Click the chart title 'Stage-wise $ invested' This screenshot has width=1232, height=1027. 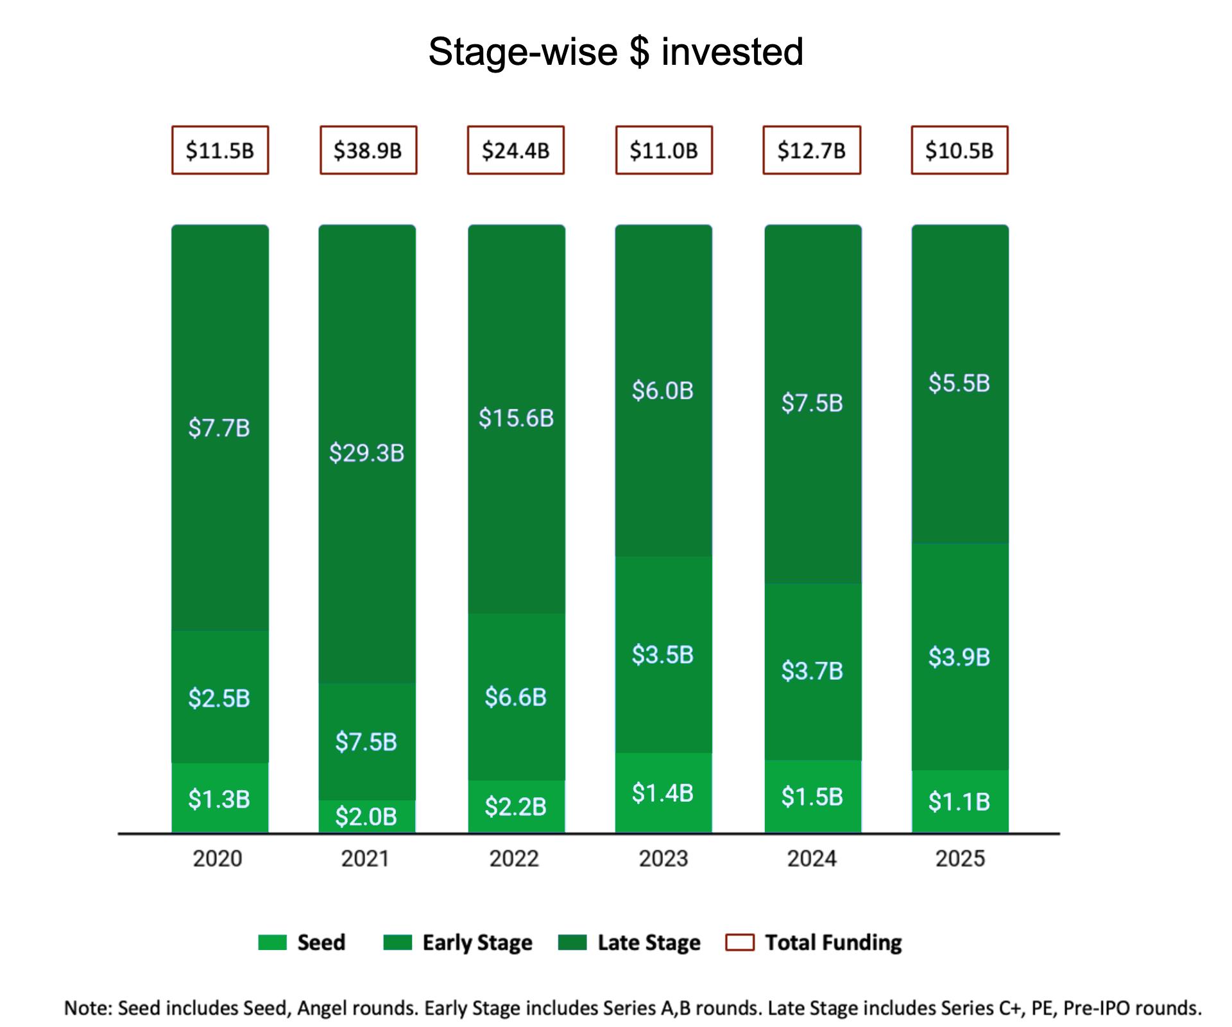(615, 51)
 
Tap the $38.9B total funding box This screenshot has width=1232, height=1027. (368, 150)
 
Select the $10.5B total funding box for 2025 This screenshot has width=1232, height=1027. (959, 150)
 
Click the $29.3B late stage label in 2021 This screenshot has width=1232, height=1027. (366, 453)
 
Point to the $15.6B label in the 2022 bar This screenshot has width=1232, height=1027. (516, 418)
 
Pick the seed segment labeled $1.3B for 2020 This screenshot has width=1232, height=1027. (219, 798)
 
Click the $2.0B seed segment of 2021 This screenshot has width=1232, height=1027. (366, 816)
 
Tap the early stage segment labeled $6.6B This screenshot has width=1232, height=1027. (516, 697)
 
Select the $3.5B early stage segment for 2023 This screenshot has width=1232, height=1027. (663, 655)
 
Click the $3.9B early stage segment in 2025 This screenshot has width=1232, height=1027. (959, 657)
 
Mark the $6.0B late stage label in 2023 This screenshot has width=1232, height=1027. (663, 390)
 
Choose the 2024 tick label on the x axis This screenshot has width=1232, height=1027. (812, 859)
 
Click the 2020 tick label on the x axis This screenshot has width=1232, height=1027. (218, 859)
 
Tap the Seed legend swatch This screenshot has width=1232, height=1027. (272, 942)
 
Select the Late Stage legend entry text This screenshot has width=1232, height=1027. (649, 942)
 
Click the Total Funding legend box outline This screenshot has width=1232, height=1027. (739, 942)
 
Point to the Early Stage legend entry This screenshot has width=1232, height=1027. (477, 942)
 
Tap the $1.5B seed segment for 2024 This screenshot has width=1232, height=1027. (812, 797)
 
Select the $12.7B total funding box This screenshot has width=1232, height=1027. (812, 150)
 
